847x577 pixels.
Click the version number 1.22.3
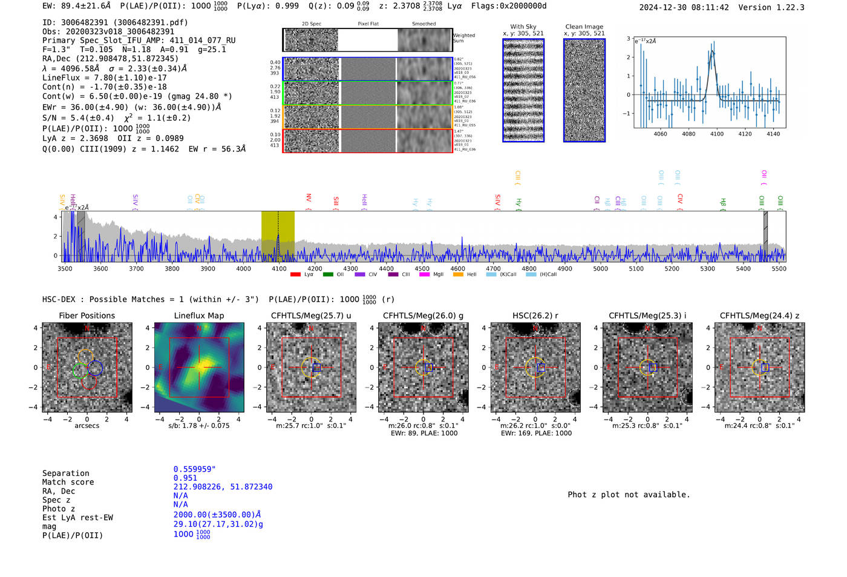click(x=784, y=7)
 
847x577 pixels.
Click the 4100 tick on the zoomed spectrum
click(x=717, y=134)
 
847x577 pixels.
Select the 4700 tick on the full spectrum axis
click(x=493, y=268)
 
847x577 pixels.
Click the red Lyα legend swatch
click(x=295, y=274)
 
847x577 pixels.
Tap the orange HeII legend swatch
click(x=458, y=274)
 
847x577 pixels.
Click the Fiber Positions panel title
click(x=87, y=315)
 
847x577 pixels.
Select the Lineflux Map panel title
click(x=198, y=315)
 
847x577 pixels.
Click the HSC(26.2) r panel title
click(x=535, y=315)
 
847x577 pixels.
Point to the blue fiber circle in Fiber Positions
click(x=96, y=368)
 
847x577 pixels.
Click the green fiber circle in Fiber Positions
click(x=79, y=371)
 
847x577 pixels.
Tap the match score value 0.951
click(x=185, y=478)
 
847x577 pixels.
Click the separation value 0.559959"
click(x=194, y=469)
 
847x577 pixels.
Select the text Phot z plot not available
click(x=629, y=495)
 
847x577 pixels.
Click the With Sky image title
click(x=523, y=27)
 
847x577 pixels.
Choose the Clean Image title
click(x=584, y=27)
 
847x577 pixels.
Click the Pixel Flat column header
click(x=368, y=24)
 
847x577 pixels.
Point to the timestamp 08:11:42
click(x=709, y=7)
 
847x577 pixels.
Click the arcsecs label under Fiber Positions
click(x=87, y=426)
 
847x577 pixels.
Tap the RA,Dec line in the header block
click(x=110, y=59)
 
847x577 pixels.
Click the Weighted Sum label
click(x=463, y=38)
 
